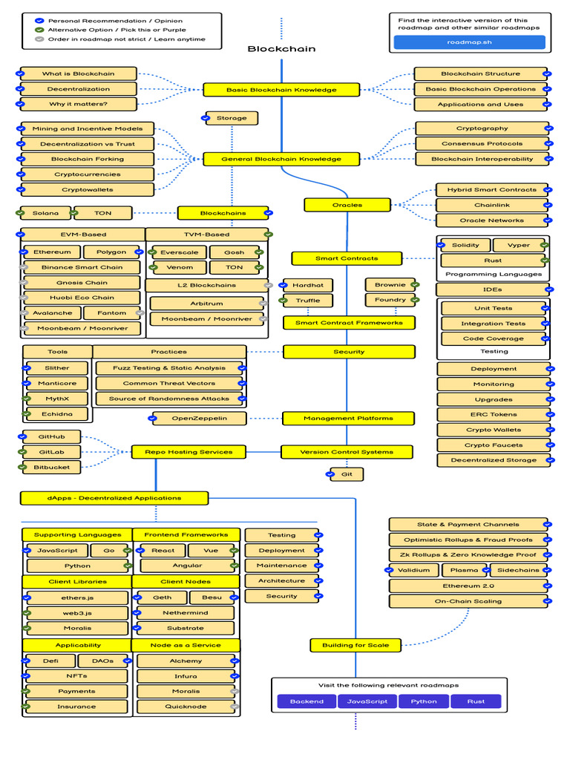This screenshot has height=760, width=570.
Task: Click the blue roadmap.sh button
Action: [469, 42]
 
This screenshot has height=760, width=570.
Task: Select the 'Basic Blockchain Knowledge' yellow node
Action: [281, 90]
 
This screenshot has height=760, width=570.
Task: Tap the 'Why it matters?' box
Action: [79, 104]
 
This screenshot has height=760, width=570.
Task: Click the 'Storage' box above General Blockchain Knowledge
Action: [232, 118]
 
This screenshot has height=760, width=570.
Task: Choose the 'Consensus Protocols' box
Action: [482, 143]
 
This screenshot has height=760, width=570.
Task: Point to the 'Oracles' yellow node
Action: [347, 205]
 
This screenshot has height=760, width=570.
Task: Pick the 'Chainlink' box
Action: [492, 205]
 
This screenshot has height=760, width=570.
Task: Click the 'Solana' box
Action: [45, 213]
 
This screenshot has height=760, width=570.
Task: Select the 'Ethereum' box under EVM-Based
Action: [53, 252]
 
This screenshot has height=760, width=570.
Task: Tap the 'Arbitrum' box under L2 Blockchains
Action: [206, 304]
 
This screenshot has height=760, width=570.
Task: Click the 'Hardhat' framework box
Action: [308, 285]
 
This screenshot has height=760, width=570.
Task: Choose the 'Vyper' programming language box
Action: [519, 245]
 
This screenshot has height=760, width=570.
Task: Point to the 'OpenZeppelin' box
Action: [199, 419]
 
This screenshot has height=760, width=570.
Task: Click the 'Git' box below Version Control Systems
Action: [347, 474]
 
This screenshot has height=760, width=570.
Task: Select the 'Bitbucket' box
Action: [51, 468]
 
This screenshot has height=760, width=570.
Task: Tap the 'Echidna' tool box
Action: [57, 414]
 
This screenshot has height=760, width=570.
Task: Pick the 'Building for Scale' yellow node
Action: [356, 645]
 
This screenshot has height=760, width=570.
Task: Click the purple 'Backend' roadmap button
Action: [307, 701]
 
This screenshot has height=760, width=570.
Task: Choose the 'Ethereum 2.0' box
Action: [468, 586]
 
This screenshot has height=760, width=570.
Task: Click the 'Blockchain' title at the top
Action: [281, 49]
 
